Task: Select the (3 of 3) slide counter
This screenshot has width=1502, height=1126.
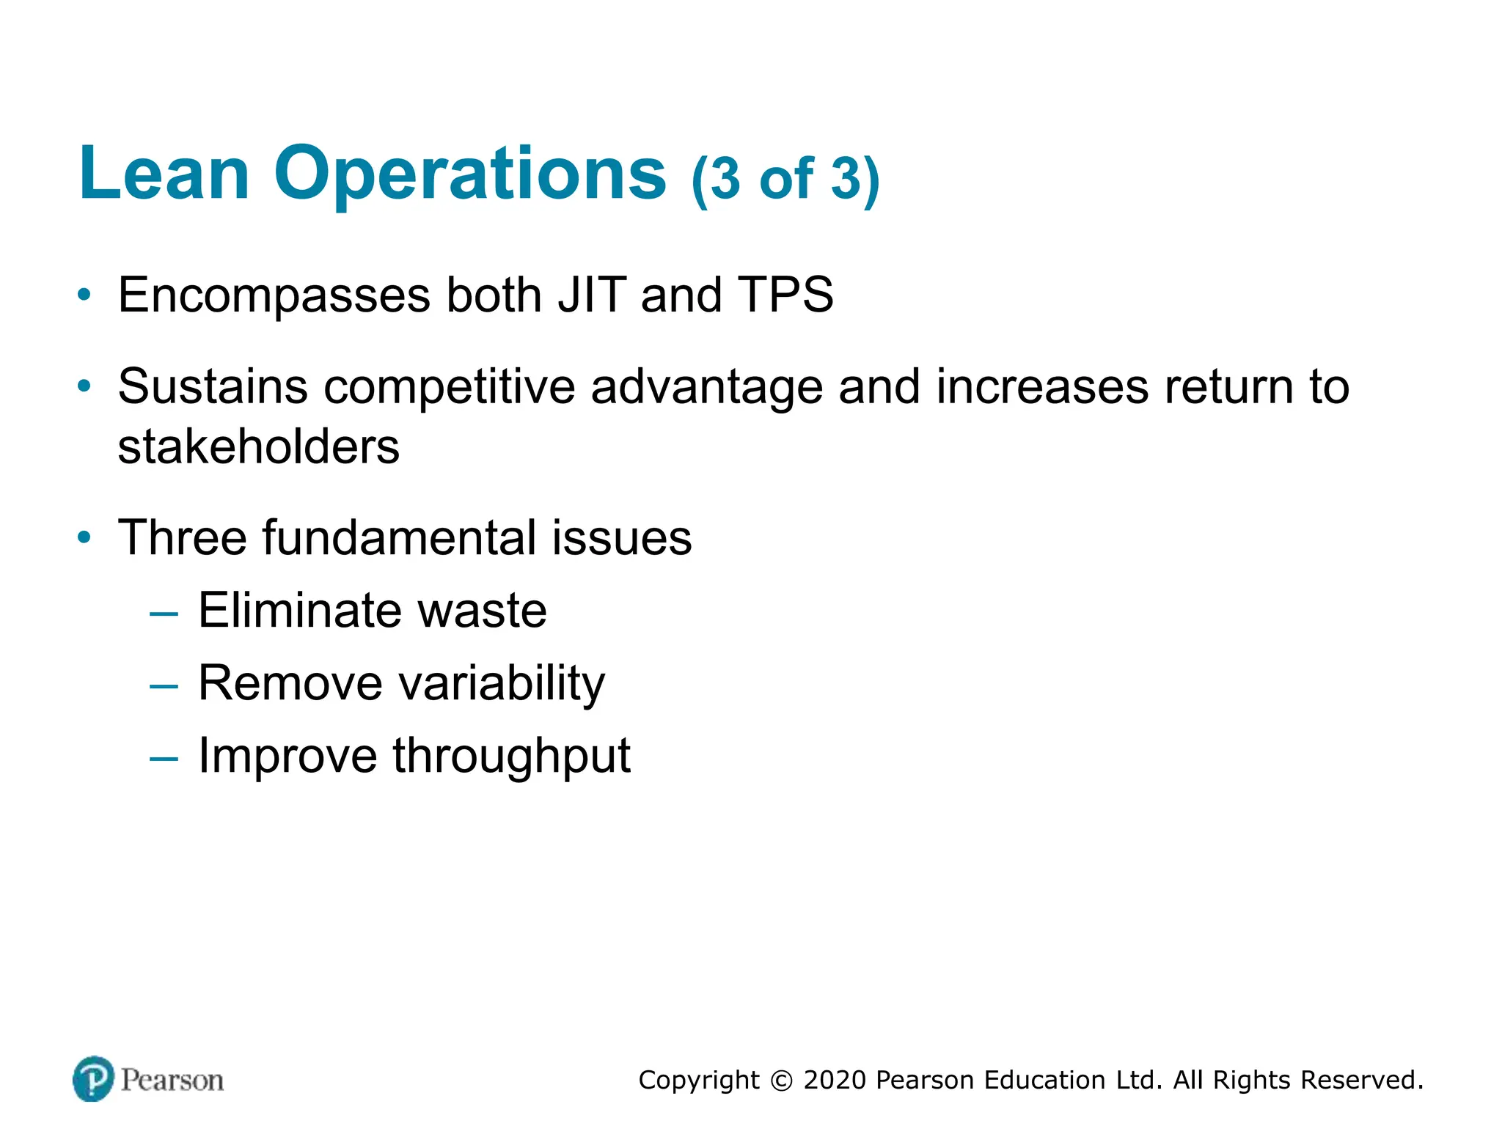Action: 785,179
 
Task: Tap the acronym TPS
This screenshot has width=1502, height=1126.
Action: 785,295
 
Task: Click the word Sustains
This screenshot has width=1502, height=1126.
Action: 213,386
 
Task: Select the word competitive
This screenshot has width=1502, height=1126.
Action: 450,388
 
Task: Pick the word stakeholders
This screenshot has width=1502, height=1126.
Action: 259,447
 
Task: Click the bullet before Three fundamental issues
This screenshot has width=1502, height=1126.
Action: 85,538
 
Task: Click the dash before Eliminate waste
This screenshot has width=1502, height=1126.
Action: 164,612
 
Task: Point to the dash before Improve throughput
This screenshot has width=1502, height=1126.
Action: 164,758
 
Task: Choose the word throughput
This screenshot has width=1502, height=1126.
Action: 511,757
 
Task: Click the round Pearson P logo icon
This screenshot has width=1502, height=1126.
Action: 93,1079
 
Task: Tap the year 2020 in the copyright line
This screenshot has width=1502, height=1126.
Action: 835,1081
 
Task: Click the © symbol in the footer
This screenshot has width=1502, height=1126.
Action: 782,1081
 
